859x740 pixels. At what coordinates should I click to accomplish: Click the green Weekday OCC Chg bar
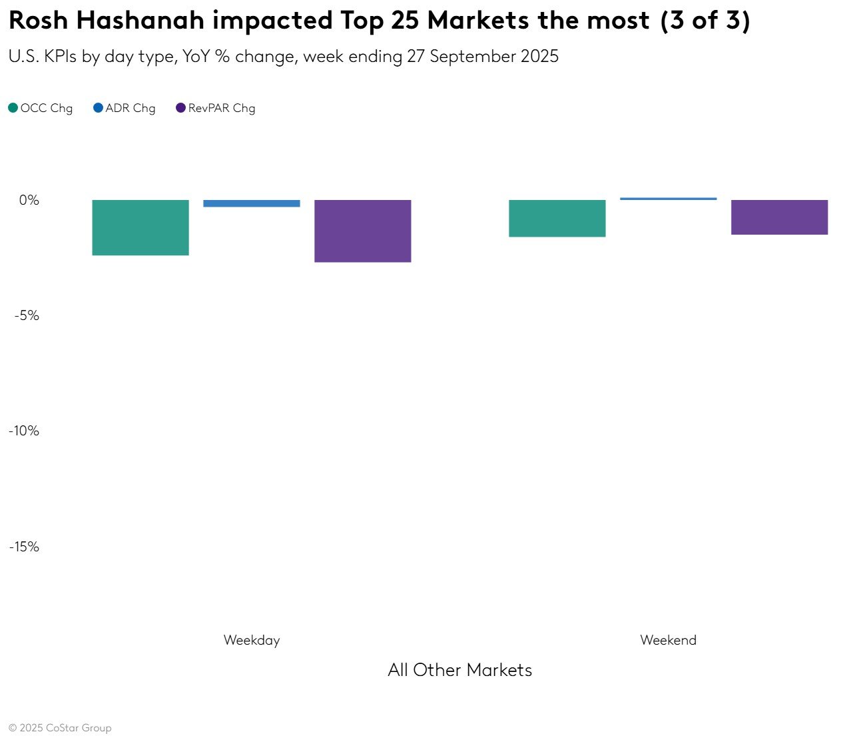[x=141, y=227]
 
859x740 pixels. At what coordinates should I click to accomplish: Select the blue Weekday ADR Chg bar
[x=252, y=203]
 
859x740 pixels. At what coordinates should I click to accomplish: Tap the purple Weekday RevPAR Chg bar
[x=363, y=231]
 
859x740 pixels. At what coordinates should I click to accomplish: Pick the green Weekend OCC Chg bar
[x=557, y=218]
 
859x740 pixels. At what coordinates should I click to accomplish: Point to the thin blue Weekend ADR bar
[x=669, y=199]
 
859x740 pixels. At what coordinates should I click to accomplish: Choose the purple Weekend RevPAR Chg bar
[x=780, y=217]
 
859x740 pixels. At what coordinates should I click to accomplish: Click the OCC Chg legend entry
[x=41, y=108]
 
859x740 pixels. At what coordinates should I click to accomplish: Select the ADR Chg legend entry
[x=125, y=108]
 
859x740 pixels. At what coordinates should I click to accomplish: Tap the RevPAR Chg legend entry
[x=216, y=108]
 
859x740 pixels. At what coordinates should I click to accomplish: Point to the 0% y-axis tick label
[x=29, y=200]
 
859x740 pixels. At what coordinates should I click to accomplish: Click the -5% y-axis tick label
[x=27, y=315]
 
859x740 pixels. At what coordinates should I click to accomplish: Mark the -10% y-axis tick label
[x=24, y=431]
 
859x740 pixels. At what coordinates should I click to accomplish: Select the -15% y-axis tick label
[x=24, y=547]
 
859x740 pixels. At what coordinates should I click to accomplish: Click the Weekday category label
[x=252, y=640]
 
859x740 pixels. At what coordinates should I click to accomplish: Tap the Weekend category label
[x=669, y=640]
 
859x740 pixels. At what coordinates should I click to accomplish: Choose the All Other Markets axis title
[x=460, y=670]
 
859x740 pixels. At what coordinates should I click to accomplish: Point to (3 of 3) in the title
[x=705, y=21]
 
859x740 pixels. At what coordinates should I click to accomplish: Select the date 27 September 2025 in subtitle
[x=483, y=57]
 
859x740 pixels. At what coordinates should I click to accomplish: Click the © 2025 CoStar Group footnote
[x=60, y=728]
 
